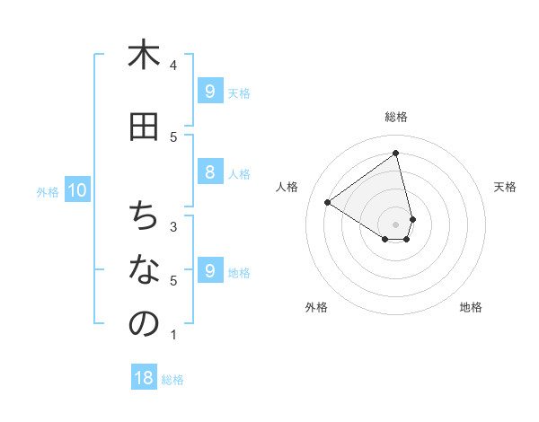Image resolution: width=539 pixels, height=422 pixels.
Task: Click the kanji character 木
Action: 144,56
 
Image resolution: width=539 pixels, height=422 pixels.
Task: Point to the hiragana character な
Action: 144,270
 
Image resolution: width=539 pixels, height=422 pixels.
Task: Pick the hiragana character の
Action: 144,324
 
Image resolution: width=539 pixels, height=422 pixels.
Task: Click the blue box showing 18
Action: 144,378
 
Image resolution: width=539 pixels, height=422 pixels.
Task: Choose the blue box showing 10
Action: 77,190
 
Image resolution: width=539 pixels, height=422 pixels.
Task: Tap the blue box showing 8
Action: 209,172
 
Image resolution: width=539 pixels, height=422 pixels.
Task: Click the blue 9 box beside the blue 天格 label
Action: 209,92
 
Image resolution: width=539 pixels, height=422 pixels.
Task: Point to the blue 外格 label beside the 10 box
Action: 48,191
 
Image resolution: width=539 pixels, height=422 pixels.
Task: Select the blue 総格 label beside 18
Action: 172,380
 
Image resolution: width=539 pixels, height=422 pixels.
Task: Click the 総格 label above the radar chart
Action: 396,117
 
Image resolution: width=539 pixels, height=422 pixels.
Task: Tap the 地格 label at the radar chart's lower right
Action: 471,307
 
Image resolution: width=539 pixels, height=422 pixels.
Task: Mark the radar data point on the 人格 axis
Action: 328,202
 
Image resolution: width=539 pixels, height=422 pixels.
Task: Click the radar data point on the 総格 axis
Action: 396,153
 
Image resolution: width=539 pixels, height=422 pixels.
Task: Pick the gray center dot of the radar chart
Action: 396,224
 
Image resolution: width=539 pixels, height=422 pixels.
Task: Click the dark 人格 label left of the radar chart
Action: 287,187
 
